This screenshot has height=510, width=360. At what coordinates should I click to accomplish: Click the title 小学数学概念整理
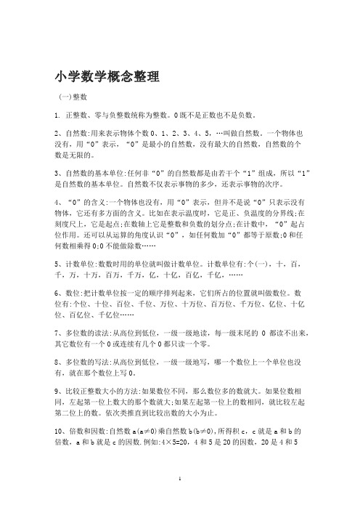coord(106,76)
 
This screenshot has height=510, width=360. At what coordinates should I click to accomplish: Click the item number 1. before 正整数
coord(57,115)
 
